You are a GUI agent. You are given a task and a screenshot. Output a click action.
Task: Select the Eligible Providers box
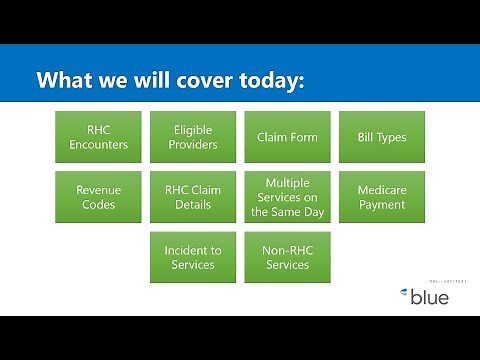tap(192, 137)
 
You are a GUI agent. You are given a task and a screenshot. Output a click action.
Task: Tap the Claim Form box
tap(287, 137)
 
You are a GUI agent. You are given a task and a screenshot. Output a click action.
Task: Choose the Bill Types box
tap(382, 137)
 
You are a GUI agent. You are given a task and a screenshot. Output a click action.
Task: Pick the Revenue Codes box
tap(97, 197)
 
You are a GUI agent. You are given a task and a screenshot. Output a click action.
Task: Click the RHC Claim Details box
tap(192, 197)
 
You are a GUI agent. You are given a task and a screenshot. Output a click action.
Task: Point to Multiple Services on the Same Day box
tap(287, 197)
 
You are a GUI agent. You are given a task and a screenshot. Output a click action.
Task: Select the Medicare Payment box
tap(382, 197)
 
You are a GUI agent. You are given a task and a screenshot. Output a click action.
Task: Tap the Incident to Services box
tap(192, 257)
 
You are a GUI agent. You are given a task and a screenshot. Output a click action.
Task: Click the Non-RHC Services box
tap(287, 257)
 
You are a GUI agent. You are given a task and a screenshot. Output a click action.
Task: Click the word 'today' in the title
tap(269, 81)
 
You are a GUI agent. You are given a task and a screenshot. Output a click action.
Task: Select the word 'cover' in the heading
tap(195, 80)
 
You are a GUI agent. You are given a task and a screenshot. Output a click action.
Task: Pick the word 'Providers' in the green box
tap(192, 144)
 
